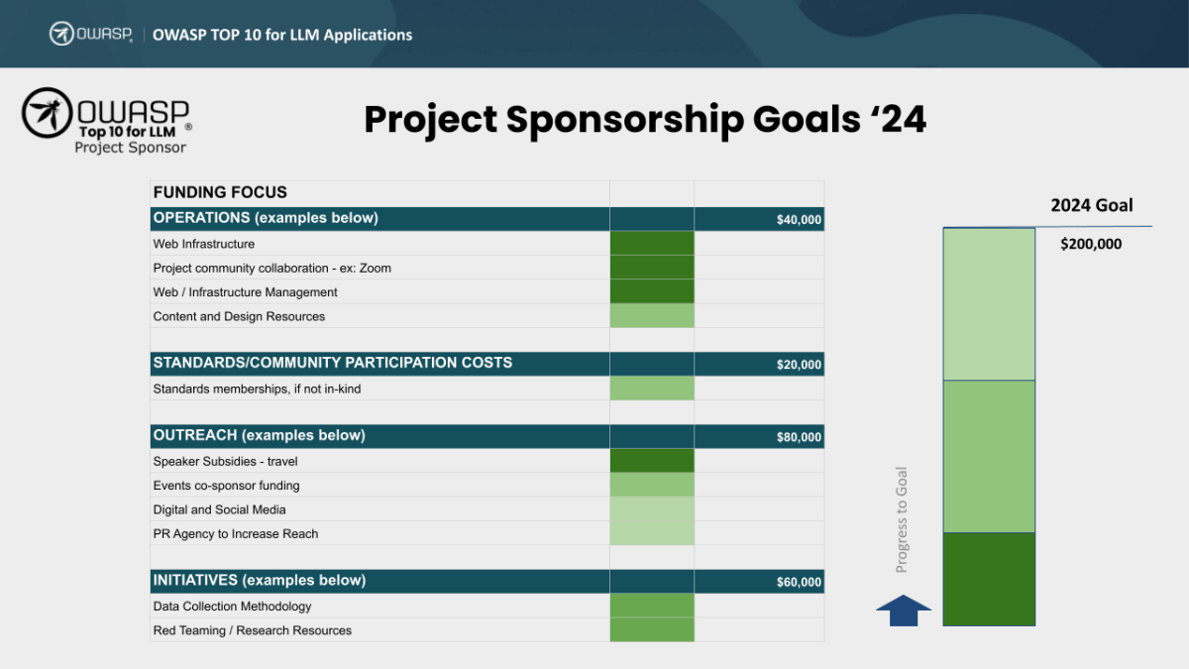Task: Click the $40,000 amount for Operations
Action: click(799, 220)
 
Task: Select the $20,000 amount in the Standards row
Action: click(799, 365)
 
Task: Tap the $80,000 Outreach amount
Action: click(799, 437)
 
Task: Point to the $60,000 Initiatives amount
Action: click(799, 582)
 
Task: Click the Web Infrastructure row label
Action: click(203, 244)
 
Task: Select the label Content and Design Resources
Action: click(239, 316)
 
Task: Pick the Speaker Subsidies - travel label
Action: click(225, 461)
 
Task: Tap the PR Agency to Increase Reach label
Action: click(236, 533)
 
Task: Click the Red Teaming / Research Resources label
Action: click(252, 630)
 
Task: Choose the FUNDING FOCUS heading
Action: click(220, 192)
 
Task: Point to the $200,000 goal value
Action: click(1091, 244)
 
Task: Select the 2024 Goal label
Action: click(1091, 206)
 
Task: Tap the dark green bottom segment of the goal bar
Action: click(989, 579)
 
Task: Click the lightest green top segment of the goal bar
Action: click(989, 304)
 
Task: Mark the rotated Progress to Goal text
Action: click(902, 519)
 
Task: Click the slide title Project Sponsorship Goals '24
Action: click(645, 120)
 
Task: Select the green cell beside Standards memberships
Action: click(652, 389)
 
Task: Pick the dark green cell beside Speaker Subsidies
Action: click(652, 461)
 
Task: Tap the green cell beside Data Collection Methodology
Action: click(652, 606)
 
